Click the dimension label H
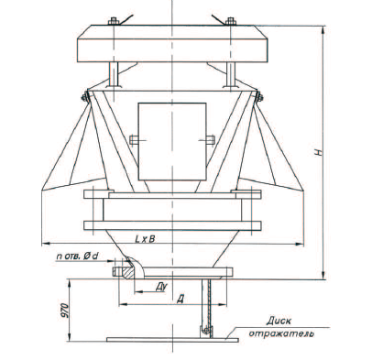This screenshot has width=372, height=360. pos(319,152)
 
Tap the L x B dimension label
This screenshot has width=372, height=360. pos(145,239)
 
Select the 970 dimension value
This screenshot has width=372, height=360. pos(65,311)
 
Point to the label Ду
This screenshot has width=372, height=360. pos(161,287)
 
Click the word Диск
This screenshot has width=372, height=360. pos(279,321)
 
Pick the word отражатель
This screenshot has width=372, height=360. pos(281,333)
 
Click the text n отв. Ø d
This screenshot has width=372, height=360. pos(77,256)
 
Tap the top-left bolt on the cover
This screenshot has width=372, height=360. pos(114,21)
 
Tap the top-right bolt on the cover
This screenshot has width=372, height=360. pos(231,21)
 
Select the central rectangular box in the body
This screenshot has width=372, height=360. pos(172,142)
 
